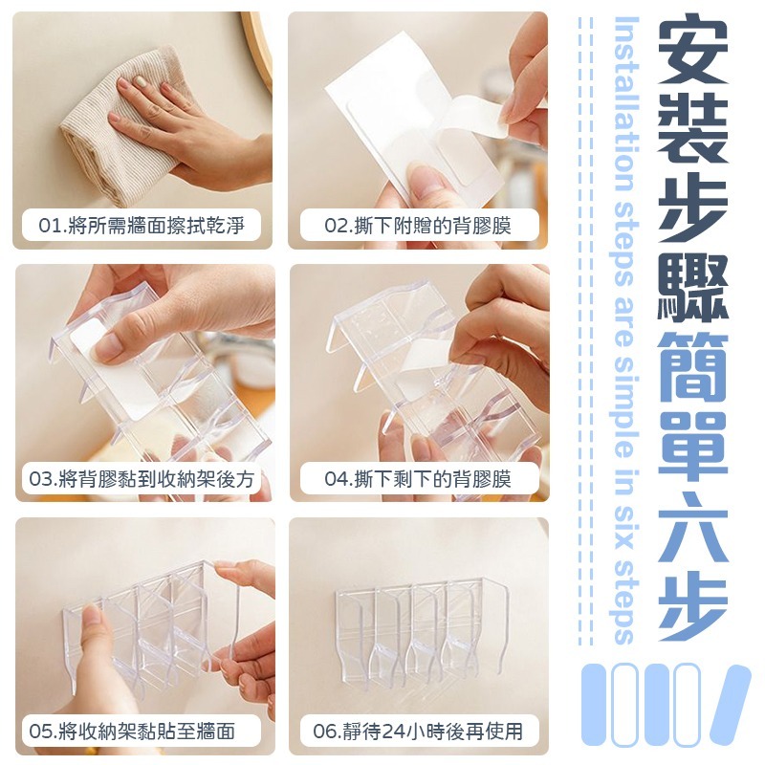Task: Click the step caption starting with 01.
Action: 142,226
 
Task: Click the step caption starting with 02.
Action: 419,226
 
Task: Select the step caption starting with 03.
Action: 142,479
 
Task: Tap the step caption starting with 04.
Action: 419,479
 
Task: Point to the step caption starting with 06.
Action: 419,732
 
